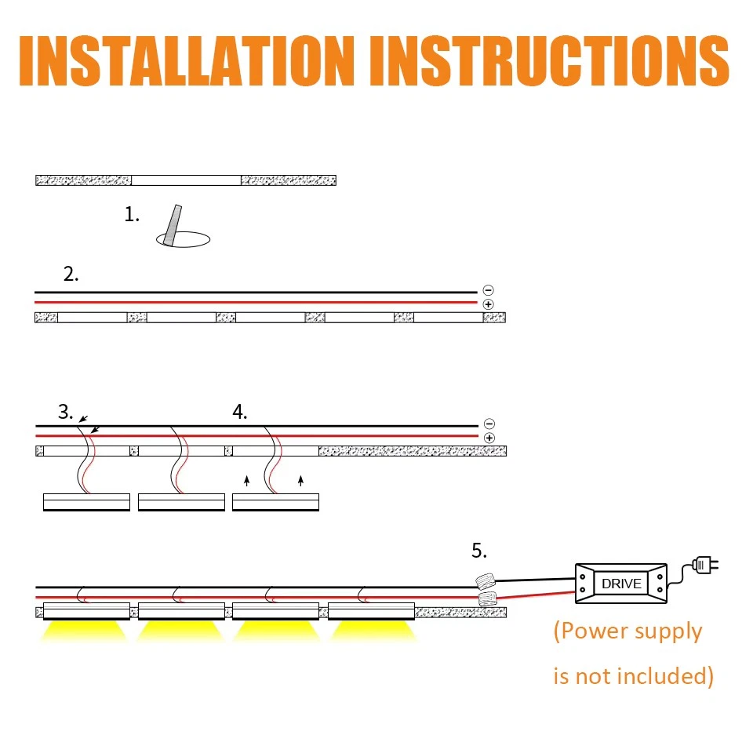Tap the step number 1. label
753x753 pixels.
132,214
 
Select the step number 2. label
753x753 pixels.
71,275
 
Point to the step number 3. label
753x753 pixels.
66,412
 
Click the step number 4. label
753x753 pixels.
240,412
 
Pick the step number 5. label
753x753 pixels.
479,551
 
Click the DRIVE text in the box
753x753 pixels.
621,584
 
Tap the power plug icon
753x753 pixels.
704,565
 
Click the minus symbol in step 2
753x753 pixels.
489,290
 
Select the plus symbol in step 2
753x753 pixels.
489,304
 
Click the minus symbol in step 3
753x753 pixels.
489,424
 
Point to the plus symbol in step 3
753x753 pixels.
489,438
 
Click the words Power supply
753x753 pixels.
628,631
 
